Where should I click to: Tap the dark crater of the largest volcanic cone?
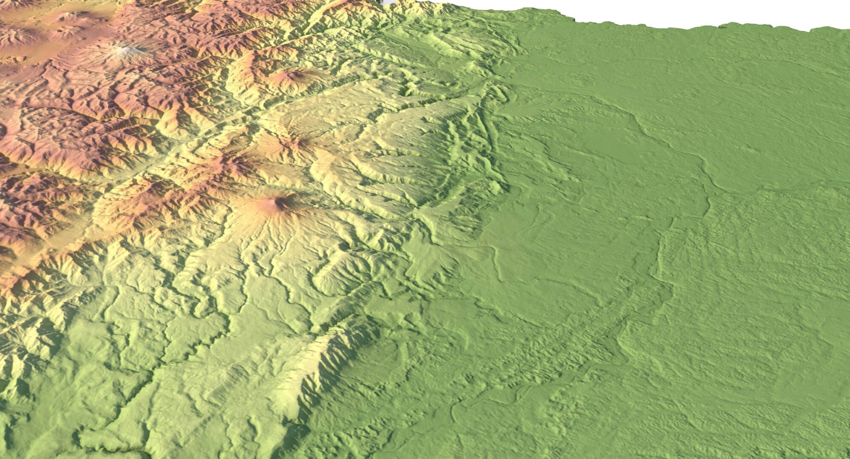281,202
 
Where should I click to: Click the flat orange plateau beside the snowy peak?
85,55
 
